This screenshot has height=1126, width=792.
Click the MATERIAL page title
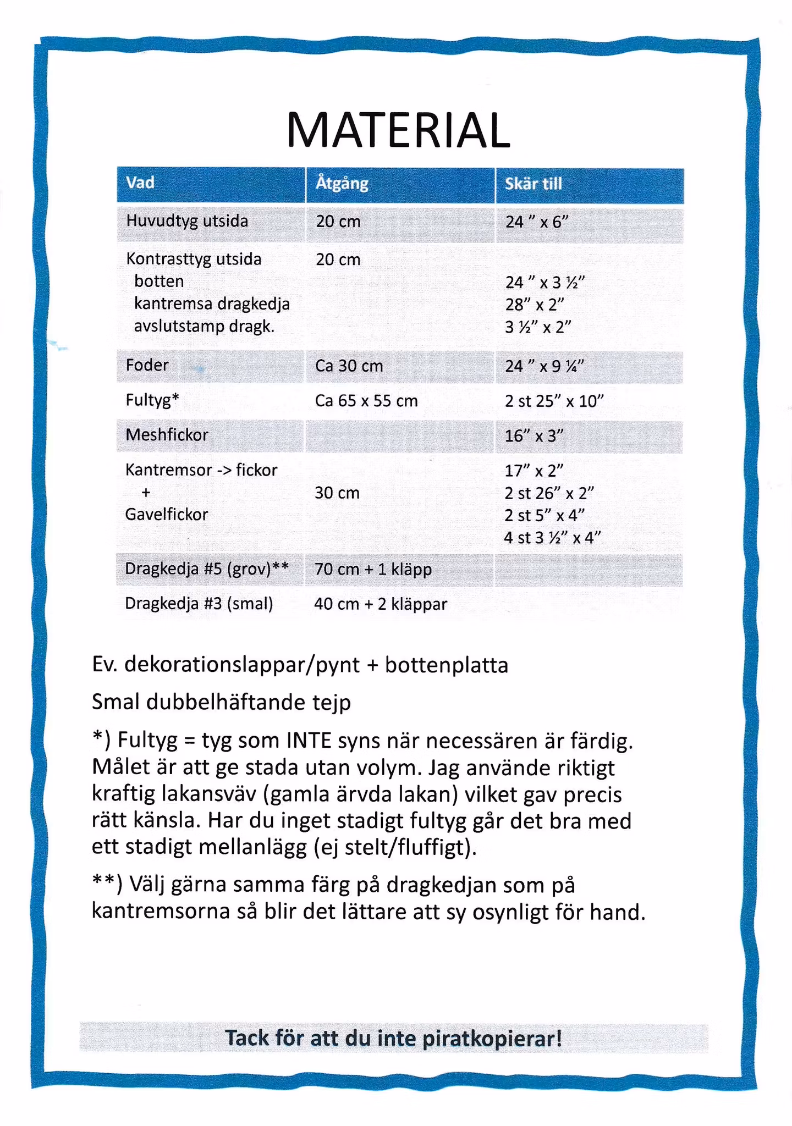click(x=398, y=131)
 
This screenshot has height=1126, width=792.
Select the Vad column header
click(x=140, y=183)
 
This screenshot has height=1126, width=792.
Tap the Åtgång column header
click(x=342, y=183)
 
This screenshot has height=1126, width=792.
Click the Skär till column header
click(x=533, y=184)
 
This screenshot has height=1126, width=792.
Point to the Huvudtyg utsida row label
click(x=187, y=221)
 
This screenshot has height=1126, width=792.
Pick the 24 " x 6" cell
click(x=536, y=222)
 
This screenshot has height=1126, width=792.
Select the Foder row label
click(x=147, y=365)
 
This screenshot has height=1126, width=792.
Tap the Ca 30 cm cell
click(x=349, y=366)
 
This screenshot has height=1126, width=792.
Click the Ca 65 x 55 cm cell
click(x=366, y=401)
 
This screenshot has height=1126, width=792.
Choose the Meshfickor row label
click(x=167, y=435)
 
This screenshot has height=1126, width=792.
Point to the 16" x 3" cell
click(x=534, y=436)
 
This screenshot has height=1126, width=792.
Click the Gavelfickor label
click(x=167, y=515)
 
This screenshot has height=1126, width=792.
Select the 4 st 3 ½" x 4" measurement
click(x=552, y=537)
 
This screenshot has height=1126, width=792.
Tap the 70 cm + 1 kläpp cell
click(x=373, y=569)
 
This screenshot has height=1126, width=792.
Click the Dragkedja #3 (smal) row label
click(x=199, y=604)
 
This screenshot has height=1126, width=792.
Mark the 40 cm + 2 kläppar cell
click(x=381, y=604)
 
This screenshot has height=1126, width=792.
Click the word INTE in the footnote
click(x=309, y=741)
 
